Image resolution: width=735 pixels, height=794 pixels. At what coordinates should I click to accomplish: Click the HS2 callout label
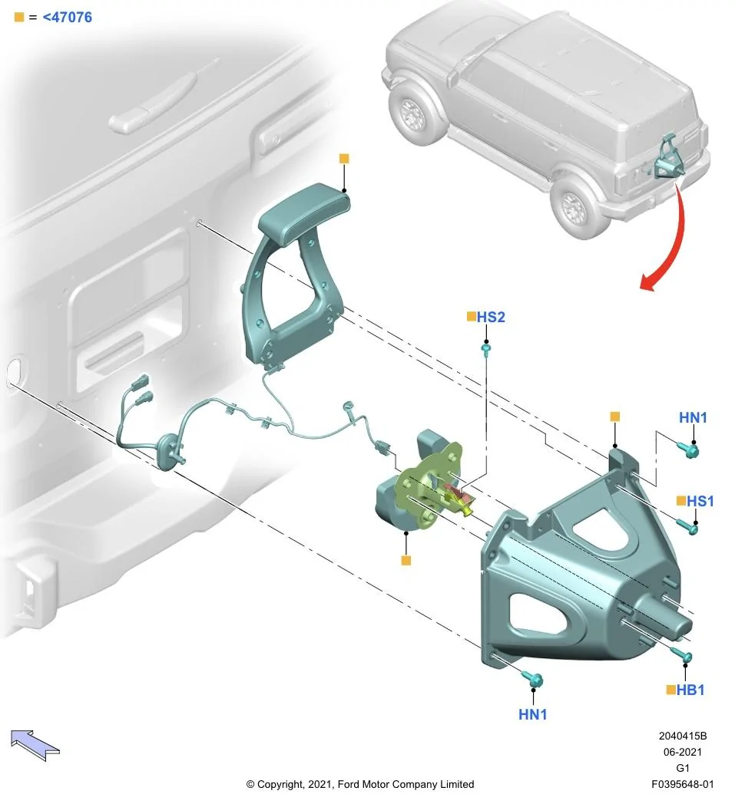[x=491, y=317]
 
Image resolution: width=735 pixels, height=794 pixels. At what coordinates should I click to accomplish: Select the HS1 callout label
[x=700, y=501]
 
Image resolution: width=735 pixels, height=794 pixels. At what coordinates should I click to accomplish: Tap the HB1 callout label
[x=690, y=690]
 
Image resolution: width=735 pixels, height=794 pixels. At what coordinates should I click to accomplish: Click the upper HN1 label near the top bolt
[x=693, y=418]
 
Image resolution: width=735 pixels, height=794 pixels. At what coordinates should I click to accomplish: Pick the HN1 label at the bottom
[x=533, y=714]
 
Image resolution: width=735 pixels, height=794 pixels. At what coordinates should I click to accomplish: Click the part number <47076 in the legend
[x=68, y=17]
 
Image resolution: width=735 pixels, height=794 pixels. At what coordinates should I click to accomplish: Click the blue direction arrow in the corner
[x=35, y=744]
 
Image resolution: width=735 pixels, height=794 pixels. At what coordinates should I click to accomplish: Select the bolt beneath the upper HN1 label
[x=688, y=449]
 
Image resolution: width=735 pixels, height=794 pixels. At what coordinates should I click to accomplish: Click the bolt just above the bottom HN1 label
[x=531, y=679]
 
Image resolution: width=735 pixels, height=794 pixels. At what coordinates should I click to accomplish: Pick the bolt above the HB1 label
[x=681, y=654]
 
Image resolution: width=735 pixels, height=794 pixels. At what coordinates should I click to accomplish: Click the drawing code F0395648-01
[x=682, y=784]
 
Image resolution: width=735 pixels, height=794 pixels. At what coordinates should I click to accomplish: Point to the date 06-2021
[x=682, y=752]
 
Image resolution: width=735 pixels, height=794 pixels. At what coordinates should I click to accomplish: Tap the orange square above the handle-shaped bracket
[x=344, y=159]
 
